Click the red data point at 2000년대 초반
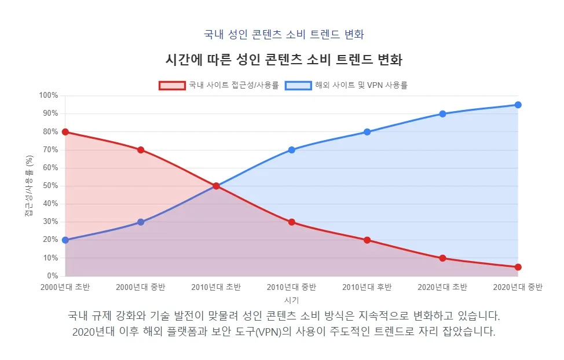[65, 132]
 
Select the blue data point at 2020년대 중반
[518, 105]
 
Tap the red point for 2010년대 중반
[291, 222]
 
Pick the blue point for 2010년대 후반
[367, 132]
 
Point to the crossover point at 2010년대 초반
[216, 186]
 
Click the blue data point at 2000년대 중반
[141, 222]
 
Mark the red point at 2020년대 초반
[442, 258]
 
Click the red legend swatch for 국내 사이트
[172, 85]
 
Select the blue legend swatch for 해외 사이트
[298, 85]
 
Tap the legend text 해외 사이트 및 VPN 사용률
[361, 85]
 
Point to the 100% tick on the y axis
[49, 95]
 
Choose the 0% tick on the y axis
[52, 276]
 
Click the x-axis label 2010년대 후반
[367, 287]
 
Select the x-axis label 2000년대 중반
[141, 287]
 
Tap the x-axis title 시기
[291, 300]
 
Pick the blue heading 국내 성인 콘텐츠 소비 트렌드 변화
[284, 34]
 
